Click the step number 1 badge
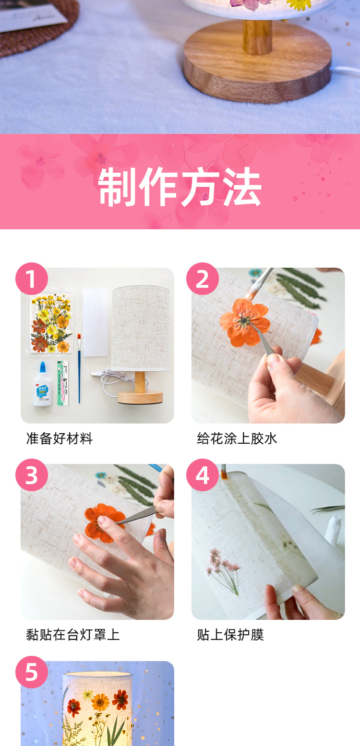click(32, 279)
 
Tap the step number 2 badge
click(203, 279)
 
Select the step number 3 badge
click(32, 475)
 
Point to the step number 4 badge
click(203, 475)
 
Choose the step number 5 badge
click(32, 672)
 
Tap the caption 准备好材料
click(59, 438)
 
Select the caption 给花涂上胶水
click(237, 438)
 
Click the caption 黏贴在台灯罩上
click(72, 635)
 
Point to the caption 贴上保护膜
click(230, 635)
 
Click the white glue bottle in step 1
click(42, 384)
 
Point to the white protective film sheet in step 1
click(96, 322)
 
